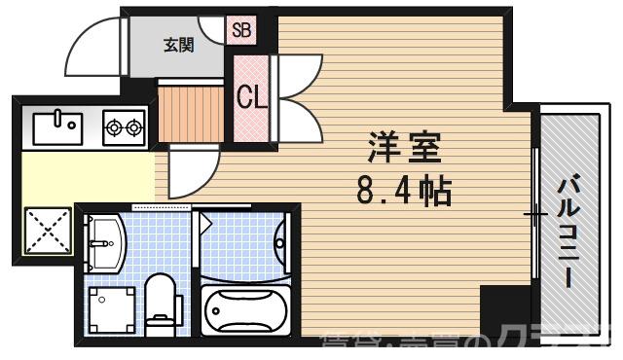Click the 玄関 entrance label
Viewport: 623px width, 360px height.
tap(176, 44)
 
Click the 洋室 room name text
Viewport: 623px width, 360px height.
tap(403, 149)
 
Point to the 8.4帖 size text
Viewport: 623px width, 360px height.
tap(404, 191)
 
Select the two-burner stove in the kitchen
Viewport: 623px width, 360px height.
tap(124, 126)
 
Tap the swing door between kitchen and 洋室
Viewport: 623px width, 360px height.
tap(187, 171)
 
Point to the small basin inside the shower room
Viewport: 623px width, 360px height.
tap(281, 239)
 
